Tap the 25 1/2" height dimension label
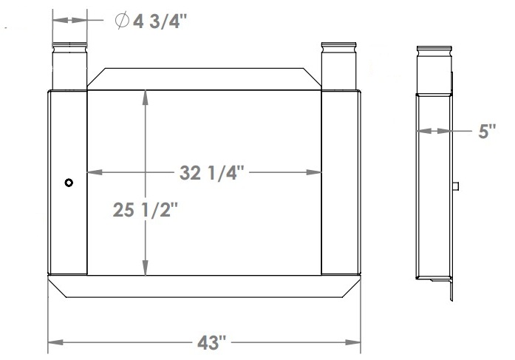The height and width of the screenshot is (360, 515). click(146, 211)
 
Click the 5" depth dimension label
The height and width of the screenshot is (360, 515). click(488, 132)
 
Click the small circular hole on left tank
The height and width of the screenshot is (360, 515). click(69, 183)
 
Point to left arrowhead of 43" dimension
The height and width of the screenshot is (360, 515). click(54, 343)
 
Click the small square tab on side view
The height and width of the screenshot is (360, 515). click(457, 186)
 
